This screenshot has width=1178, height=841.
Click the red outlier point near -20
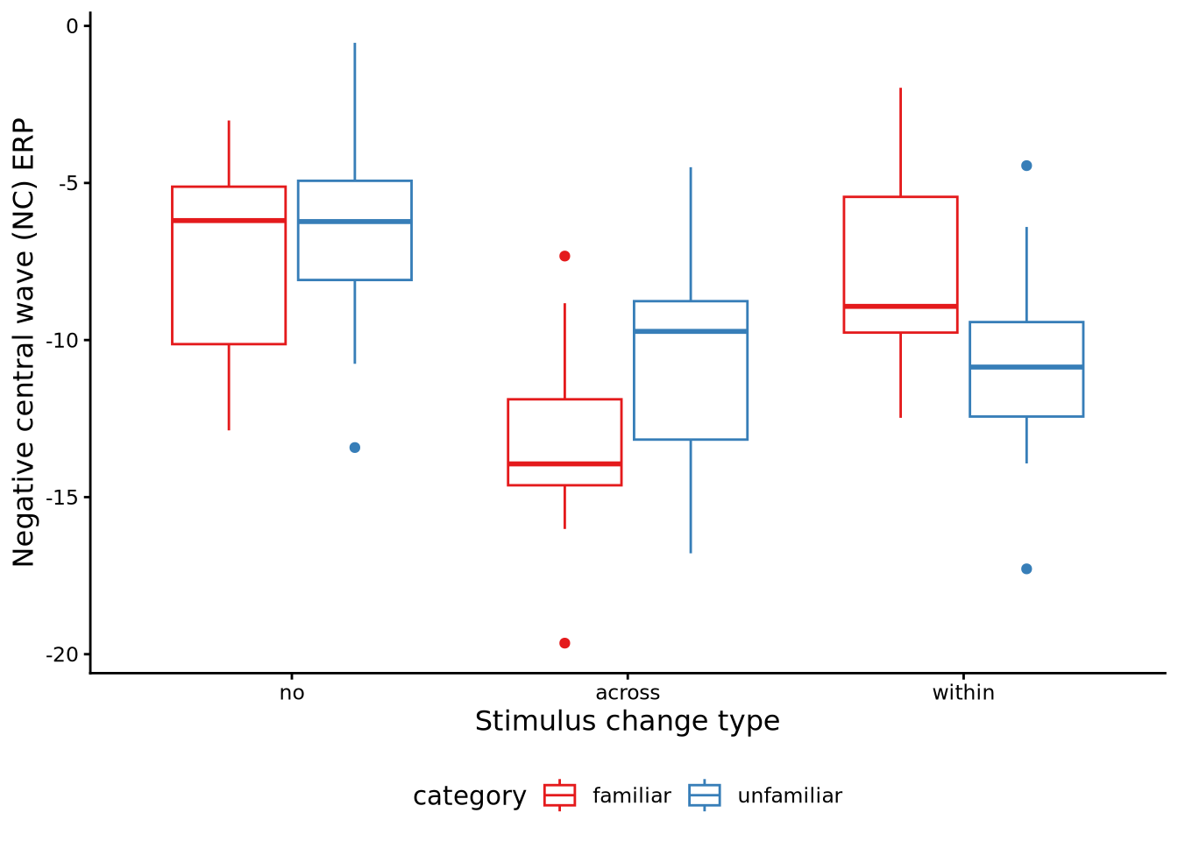click(x=564, y=643)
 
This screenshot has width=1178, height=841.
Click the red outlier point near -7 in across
click(x=564, y=256)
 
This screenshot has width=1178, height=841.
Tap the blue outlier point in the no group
click(x=355, y=448)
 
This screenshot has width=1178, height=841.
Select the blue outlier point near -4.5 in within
click(x=1026, y=166)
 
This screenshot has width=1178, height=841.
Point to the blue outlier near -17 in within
click(x=1026, y=569)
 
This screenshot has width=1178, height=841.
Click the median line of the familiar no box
click(x=229, y=220)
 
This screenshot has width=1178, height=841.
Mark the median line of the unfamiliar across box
click(x=691, y=331)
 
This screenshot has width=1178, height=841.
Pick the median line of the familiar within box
click(x=900, y=306)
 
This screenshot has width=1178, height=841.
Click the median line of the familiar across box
click(x=564, y=463)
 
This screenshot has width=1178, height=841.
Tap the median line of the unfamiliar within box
click(x=1026, y=366)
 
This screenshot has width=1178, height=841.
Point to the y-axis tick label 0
click(x=72, y=26)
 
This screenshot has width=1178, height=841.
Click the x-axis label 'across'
click(x=628, y=693)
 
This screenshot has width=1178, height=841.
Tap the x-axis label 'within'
click(x=963, y=693)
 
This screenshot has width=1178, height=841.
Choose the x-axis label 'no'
click(x=292, y=693)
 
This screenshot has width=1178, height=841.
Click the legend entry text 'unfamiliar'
click(x=790, y=795)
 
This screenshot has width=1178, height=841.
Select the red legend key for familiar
click(x=559, y=795)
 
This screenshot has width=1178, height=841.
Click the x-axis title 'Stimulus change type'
click(x=628, y=721)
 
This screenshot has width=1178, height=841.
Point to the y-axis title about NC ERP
click(x=25, y=342)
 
